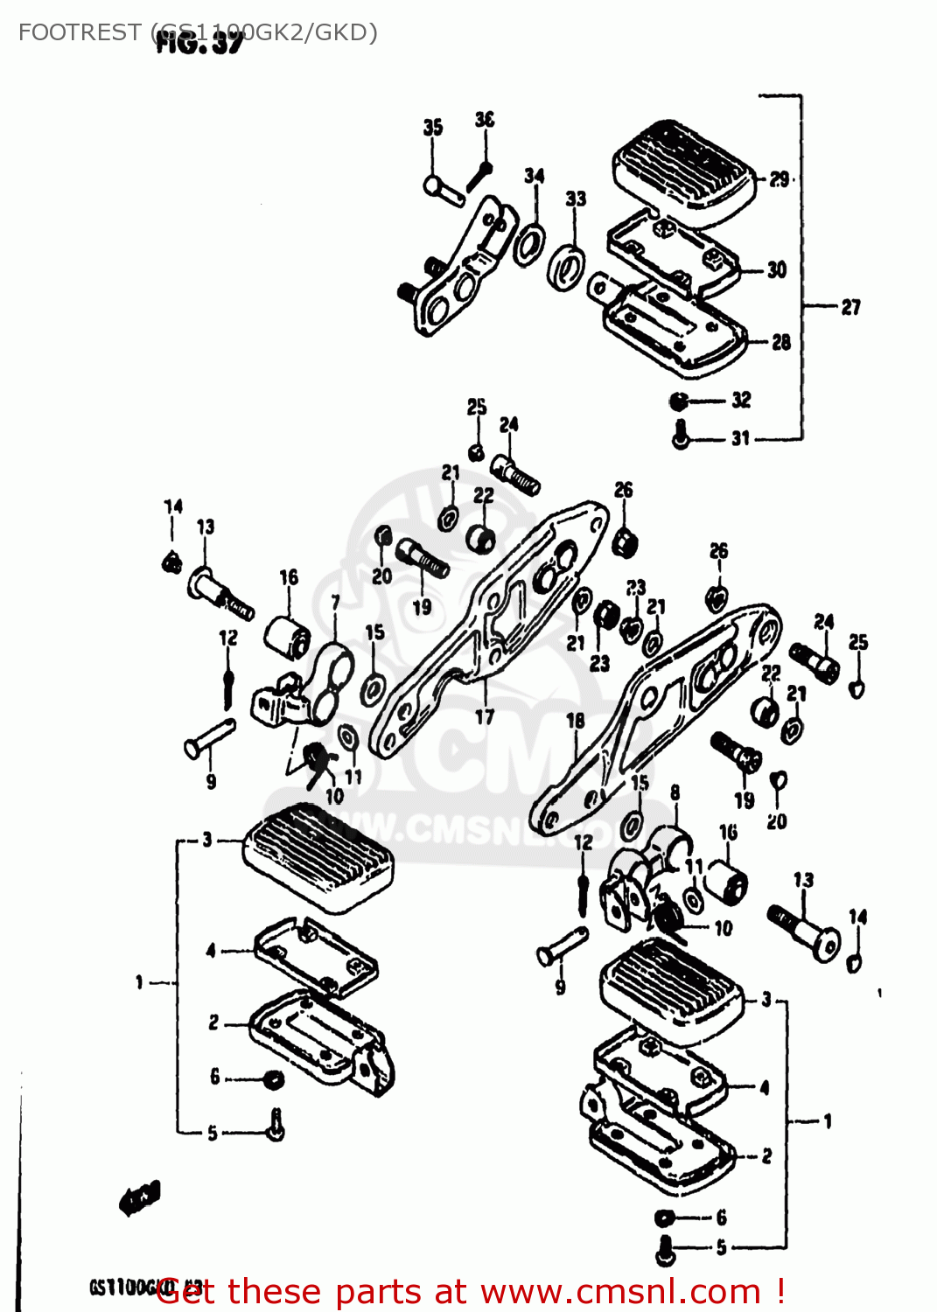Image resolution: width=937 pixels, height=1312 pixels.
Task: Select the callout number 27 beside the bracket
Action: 850,307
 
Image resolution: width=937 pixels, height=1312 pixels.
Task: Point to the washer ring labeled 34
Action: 528,244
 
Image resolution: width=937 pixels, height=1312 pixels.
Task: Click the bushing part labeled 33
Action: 565,267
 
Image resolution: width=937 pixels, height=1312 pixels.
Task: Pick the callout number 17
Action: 485,717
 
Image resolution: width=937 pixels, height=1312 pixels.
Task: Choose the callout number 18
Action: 575,721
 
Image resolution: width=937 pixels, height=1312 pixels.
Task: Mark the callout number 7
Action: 335,603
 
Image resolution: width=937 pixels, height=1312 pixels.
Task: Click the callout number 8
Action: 675,792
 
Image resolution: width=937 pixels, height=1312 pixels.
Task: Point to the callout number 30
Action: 776,270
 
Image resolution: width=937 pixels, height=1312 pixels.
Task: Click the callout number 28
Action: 780,342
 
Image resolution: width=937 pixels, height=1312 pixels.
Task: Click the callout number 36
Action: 484,120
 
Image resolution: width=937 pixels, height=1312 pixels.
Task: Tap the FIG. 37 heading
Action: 199,43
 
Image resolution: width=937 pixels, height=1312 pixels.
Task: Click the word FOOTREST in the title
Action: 79,32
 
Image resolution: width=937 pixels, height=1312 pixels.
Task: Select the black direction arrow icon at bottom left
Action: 140,1198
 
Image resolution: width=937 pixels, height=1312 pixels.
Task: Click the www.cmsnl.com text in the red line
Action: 620,1292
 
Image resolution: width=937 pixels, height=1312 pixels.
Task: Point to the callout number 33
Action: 576,199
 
